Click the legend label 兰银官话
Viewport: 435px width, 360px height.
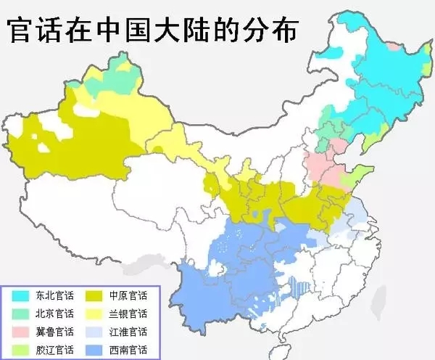click(128, 314)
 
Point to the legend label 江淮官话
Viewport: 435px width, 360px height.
click(128, 332)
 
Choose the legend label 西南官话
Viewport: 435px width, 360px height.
click(128, 350)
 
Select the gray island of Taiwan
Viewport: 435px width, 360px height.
click(376, 306)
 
